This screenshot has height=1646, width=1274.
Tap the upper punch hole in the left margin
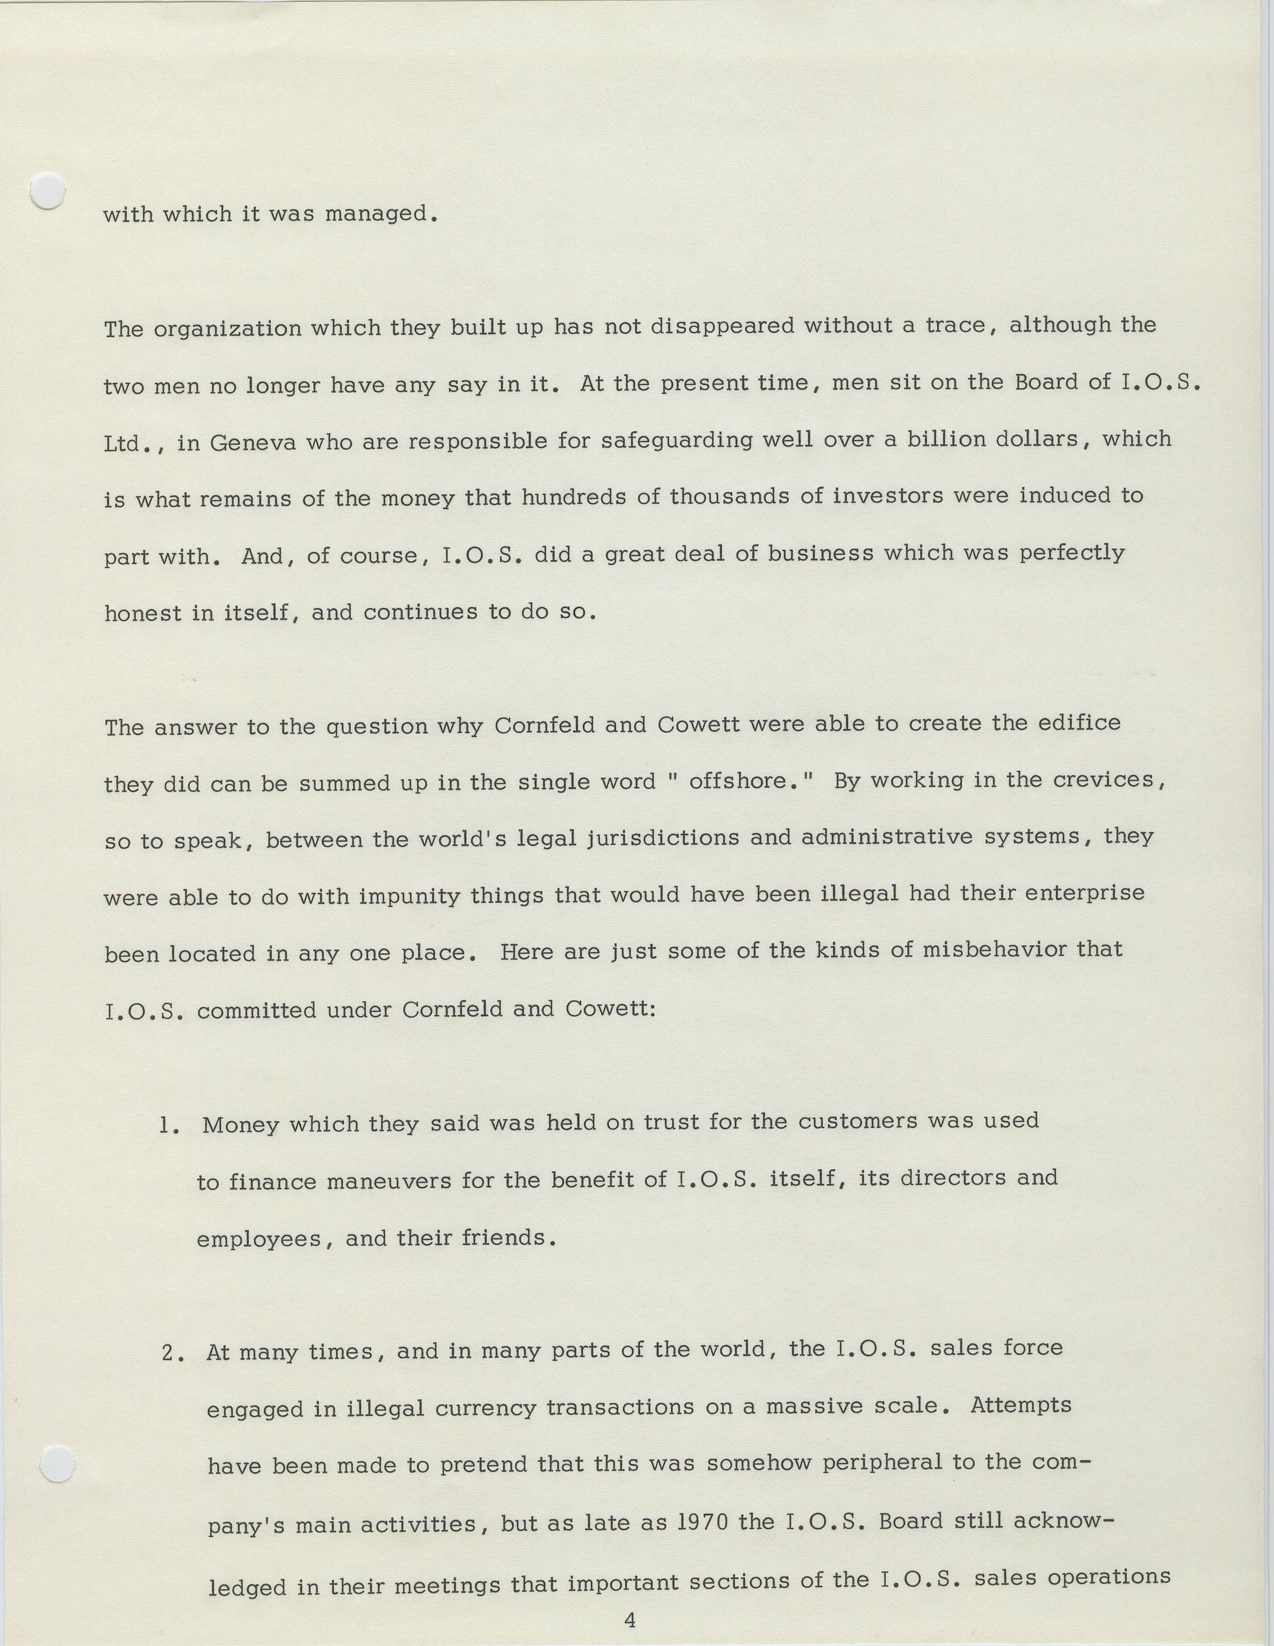[x=47, y=190]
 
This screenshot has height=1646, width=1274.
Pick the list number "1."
[x=169, y=1126]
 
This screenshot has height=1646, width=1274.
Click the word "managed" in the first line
[x=379, y=215]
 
